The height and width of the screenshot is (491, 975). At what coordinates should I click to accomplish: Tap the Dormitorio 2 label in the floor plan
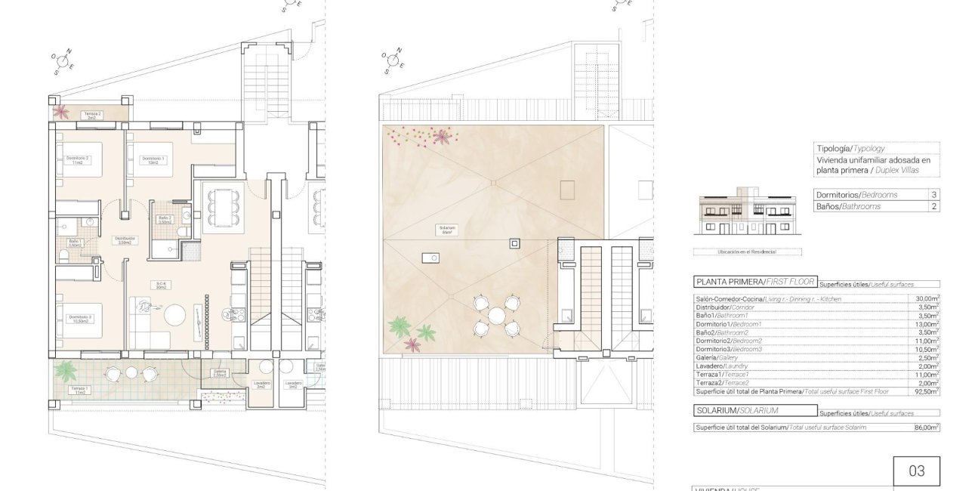(78, 160)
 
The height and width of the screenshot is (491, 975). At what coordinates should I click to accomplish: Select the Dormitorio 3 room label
(79, 318)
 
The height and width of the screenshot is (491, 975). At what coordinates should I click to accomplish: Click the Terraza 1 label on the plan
(78, 391)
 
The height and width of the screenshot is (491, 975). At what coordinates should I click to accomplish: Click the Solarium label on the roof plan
(447, 230)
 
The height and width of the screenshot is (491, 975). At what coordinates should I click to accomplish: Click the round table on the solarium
(496, 315)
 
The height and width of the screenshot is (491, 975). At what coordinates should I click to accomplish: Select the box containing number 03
(916, 471)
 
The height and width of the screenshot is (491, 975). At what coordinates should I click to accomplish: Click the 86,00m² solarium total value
(925, 428)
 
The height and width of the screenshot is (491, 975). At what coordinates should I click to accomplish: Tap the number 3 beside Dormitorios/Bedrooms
(933, 195)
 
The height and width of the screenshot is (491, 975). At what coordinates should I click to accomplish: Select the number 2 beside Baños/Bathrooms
(933, 206)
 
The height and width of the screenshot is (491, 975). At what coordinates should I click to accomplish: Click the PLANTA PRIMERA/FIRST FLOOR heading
(754, 282)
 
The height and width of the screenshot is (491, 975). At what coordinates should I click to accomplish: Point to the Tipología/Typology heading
(850, 149)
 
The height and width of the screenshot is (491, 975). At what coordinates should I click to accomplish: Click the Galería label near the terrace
(219, 372)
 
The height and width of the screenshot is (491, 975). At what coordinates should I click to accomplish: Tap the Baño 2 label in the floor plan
(165, 220)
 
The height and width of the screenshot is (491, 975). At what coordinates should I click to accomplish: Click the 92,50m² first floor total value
(925, 391)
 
